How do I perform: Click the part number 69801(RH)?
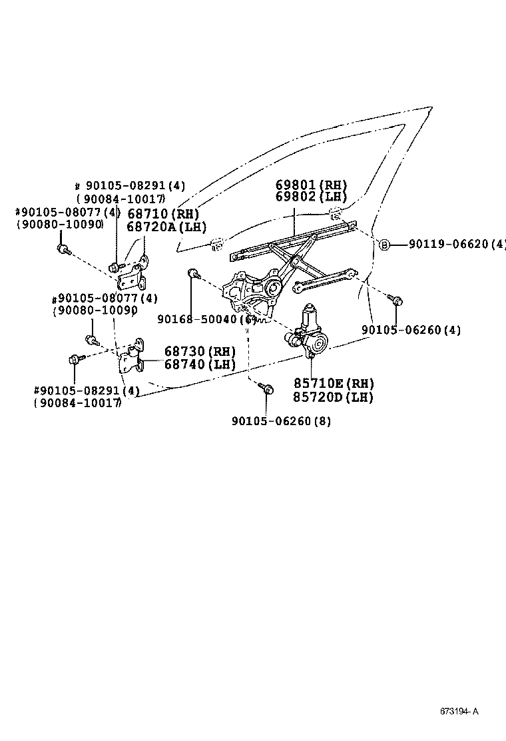pos(312,185)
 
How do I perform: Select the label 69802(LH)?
pos(312,197)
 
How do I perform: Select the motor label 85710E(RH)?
pos(333,383)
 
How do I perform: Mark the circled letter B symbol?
pos(384,245)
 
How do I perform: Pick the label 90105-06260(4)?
pos(411,329)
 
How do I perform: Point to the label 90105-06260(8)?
pos(281,420)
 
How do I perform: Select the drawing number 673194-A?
pos(459,710)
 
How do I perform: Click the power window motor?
pos(310,333)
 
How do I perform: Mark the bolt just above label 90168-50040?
pos(192,273)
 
